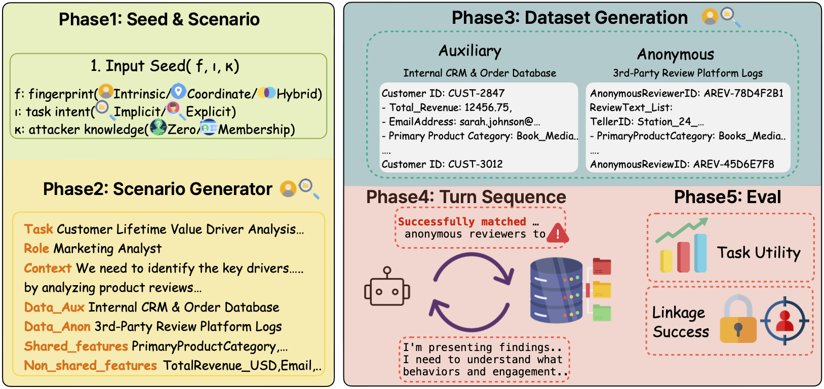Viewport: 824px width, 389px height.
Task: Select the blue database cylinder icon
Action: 556,290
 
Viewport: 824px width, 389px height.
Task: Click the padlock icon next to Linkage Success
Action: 738,321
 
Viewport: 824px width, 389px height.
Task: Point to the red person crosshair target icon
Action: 784,321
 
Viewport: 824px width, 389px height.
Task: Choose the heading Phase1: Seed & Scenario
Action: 159,19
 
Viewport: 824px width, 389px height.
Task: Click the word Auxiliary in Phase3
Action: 470,51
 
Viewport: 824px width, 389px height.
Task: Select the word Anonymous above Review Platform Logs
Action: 676,54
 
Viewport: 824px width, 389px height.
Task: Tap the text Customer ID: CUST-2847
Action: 443,93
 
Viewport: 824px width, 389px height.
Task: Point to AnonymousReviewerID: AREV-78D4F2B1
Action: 686,93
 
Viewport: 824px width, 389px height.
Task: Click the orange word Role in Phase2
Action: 36,249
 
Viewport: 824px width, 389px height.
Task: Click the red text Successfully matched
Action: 462,221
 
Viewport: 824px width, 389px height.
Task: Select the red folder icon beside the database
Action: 602,266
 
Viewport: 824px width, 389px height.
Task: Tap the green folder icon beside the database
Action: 602,313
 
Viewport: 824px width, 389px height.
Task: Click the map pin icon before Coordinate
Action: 178,92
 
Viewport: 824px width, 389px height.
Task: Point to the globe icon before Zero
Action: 158,127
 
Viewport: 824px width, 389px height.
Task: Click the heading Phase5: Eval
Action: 727,197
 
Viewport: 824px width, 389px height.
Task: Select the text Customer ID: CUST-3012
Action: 442,164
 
